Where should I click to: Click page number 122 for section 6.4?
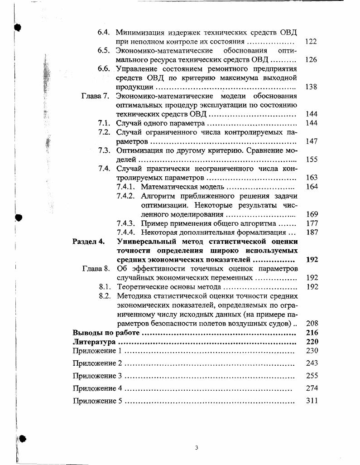[311, 42]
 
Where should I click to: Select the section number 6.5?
[105, 51]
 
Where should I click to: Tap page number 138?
[311, 87]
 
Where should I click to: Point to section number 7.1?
[105, 123]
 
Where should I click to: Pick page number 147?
[311, 141]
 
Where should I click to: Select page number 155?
[311, 160]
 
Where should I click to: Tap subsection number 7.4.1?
[126, 187]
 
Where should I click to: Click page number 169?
[312, 214]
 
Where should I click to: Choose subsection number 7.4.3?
[126, 223]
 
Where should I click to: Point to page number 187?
[312, 232]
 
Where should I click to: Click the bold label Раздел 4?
[89, 241]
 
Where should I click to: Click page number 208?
[312, 323]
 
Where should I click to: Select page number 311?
[312, 401]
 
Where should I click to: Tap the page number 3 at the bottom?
[197, 448]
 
